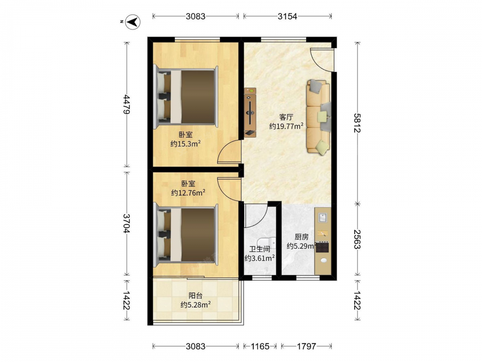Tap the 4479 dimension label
tap(126, 105)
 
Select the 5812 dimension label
tap(357, 123)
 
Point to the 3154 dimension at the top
tap(287, 16)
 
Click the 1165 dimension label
tap(260, 346)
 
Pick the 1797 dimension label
tap(307, 346)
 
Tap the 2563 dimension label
tap(357, 239)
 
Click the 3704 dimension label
tap(126, 223)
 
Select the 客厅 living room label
tap(286, 117)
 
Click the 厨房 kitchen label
tap(302, 237)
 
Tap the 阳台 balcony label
tap(196, 295)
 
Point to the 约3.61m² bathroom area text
tap(260, 258)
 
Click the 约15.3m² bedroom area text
tap(186, 144)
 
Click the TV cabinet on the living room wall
tap(250, 112)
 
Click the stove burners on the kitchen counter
tap(323, 247)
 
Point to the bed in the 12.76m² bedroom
tap(186, 234)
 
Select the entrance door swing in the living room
tap(321, 59)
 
